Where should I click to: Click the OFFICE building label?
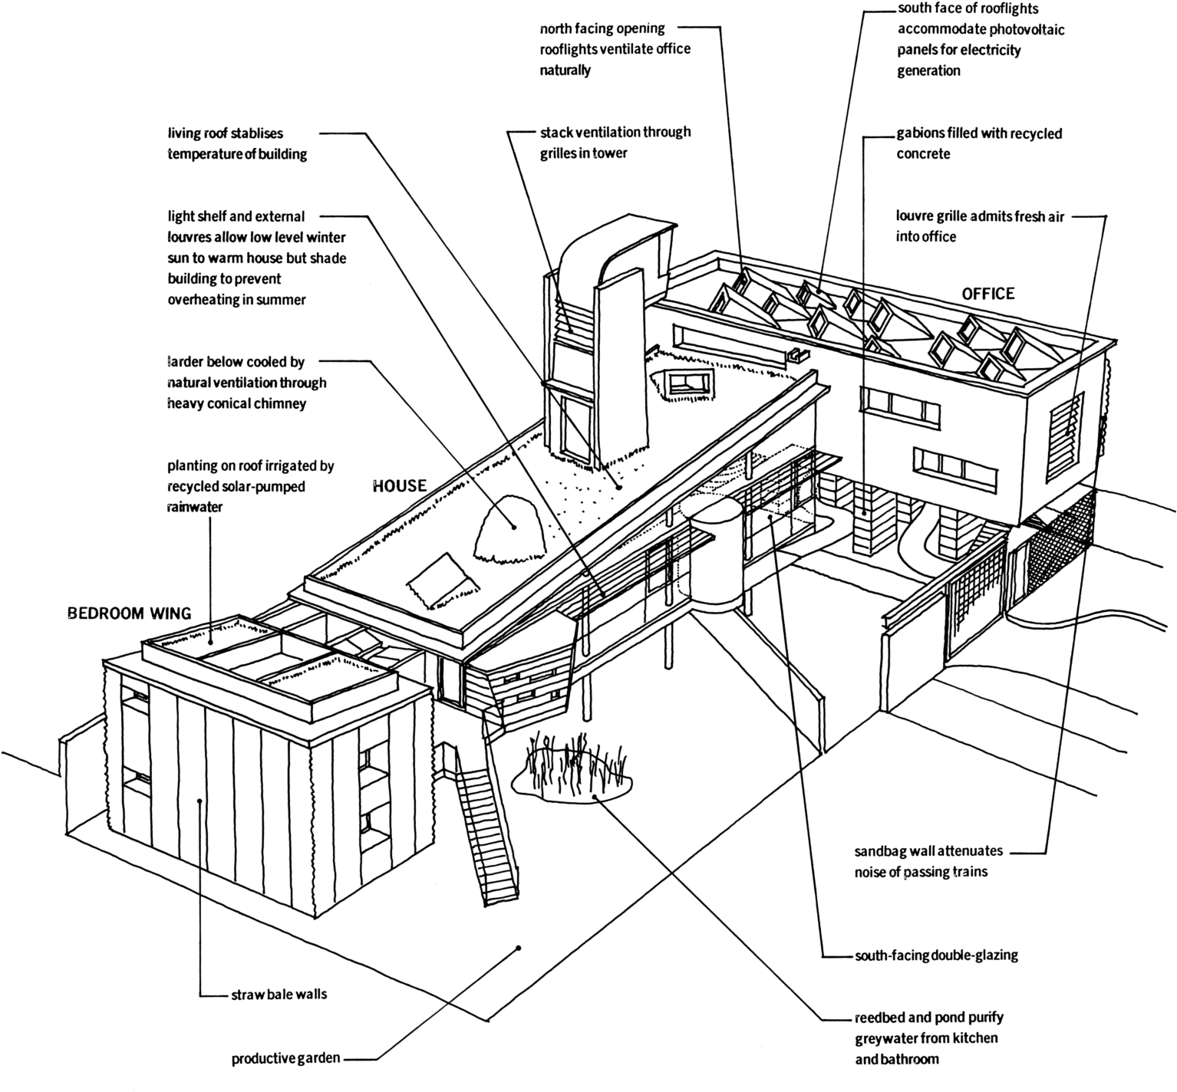(x=988, y=294)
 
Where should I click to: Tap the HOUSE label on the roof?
(x=399, y=485)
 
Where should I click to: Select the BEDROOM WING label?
(x=129, y=613)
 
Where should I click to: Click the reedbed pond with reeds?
(x=572, y=770)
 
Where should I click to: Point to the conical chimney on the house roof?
(x=509, y=527)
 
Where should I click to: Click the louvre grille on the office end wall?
(x=1067, y=435)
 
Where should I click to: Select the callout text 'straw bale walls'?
(x=279, y=995)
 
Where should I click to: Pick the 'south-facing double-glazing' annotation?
(x=936, y=955)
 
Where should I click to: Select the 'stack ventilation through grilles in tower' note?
(x=615, y=143)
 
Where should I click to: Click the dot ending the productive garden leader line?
(x=519, y=948)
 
